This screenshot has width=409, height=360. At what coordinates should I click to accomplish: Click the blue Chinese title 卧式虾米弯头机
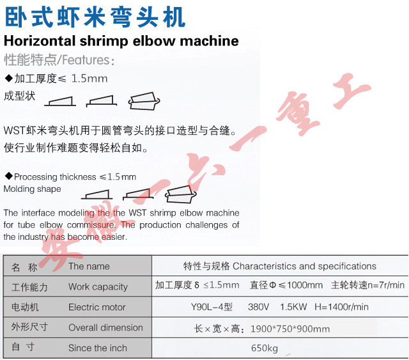point(95,17)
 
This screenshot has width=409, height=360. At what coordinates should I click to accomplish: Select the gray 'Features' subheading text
point(86,59)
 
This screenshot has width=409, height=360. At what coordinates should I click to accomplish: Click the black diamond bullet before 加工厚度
point(9,78)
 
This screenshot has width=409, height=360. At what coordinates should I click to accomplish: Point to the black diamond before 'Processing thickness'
point(9,176)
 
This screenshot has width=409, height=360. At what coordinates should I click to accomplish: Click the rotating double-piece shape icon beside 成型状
point(144,101)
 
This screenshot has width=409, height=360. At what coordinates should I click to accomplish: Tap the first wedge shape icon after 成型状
point(60,101)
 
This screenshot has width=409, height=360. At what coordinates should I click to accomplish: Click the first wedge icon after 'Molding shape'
point(96,194)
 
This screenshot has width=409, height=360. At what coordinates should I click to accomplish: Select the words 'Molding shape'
point(33,189)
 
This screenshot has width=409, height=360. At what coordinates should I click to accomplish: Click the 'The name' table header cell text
point(89,266)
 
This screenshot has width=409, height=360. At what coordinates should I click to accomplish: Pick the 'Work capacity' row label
point(98,286)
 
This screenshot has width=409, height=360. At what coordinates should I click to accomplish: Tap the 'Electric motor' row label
point(96,307)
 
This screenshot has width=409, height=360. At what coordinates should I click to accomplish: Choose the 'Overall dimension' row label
point(105,327)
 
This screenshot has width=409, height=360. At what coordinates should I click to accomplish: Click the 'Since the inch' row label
point(98,348)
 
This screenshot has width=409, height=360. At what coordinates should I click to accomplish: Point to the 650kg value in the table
point(265,348)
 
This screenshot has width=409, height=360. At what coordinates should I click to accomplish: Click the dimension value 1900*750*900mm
point(290,329)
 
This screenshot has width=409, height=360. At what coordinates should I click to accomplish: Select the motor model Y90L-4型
point(212,307)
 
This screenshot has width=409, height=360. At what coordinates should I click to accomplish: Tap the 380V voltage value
point(258,307)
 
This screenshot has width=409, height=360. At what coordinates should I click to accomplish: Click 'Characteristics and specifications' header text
point(304,266)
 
